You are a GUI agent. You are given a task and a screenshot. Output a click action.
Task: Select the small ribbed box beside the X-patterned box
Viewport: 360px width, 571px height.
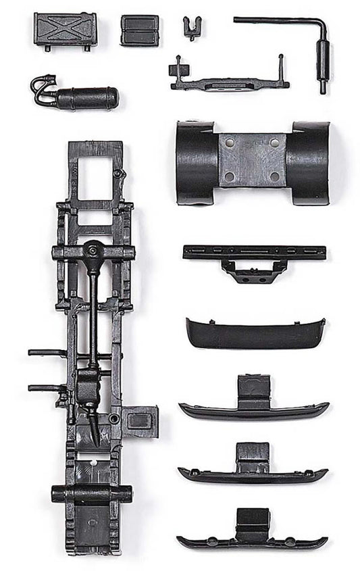click(140, 30)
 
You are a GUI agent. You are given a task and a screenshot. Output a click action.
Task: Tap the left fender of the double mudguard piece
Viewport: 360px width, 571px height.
click(196, 162)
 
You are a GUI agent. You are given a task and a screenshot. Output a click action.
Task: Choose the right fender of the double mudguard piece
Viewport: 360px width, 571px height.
click(309, 162)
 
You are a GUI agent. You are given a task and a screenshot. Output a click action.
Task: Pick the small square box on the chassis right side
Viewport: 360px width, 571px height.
click(140, 421)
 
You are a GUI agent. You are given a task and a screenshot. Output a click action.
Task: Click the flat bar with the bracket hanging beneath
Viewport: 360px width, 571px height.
click(254, 253)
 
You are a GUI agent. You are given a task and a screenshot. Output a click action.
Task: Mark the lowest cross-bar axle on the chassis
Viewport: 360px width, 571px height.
click(92, 494)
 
